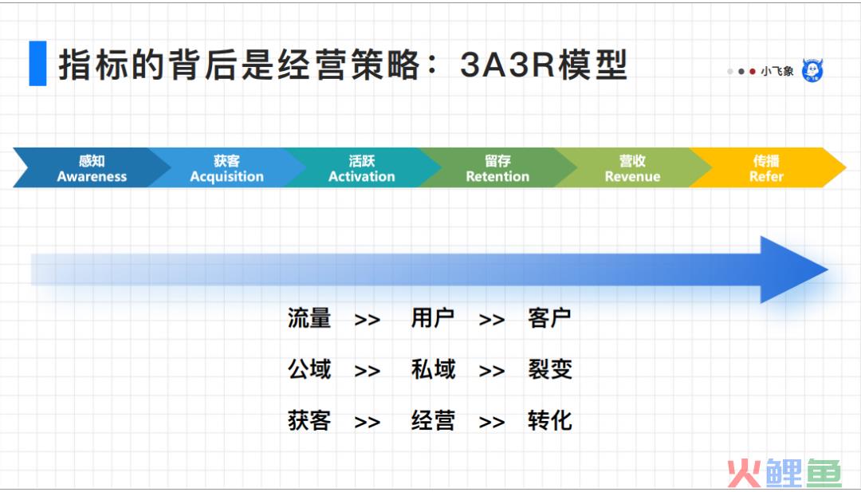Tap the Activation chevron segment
click(362, 167)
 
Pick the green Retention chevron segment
click(497, 167)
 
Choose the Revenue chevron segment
click(632, 167)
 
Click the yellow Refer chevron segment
click(767, 167)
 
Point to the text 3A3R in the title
click(507, 65)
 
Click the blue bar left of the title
click(37, 63)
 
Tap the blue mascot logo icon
click(812, 70)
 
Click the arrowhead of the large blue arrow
click(791, 270)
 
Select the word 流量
click(309, 318)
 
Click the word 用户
click(433, 318)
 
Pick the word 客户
click(549, 318)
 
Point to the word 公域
click(309, 369)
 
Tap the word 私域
click(433, 369)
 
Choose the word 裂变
click(549, 369)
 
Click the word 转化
click(549, 420)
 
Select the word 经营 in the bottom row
click(433, 420)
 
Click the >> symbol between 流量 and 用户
click(368, 320)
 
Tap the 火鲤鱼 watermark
click(784, 472)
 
